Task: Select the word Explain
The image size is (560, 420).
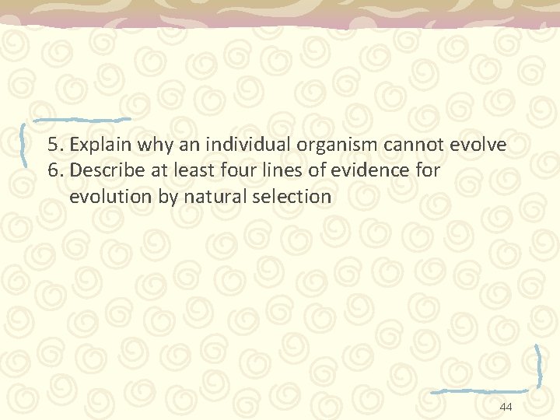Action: pyautogui.click(x=95, y=145)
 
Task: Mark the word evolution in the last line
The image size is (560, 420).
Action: pyautogui.click(x=111, y=197)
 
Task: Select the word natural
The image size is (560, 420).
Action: pyautogui.click(x=217, y=197)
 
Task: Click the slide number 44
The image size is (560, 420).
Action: pyautogui.click(x=506, y=408)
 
